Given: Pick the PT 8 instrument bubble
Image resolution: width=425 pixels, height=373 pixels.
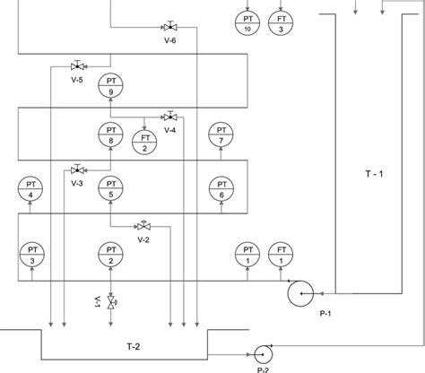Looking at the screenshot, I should (x=109, y=134).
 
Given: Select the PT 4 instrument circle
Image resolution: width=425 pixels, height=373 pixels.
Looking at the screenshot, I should (x=30, y=188).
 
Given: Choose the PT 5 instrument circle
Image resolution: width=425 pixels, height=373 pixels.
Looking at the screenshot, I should (x=109, y=188).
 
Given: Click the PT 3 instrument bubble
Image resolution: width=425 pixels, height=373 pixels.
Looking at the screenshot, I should (x=30, y=254).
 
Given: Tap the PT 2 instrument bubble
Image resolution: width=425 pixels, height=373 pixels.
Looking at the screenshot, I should (x=109, y=254).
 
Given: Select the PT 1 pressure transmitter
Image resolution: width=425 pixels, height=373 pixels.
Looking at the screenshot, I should (x=247, y=254).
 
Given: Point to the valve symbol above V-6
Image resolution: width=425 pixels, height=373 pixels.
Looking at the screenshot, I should (x=170, y=26).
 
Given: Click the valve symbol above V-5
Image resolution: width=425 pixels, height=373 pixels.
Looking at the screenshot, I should (x=77, y=65).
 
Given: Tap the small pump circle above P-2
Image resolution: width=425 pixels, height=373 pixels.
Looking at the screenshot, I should (x=263, y=352).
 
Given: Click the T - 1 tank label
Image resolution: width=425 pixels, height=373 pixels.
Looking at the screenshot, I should (x=374, y=171).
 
